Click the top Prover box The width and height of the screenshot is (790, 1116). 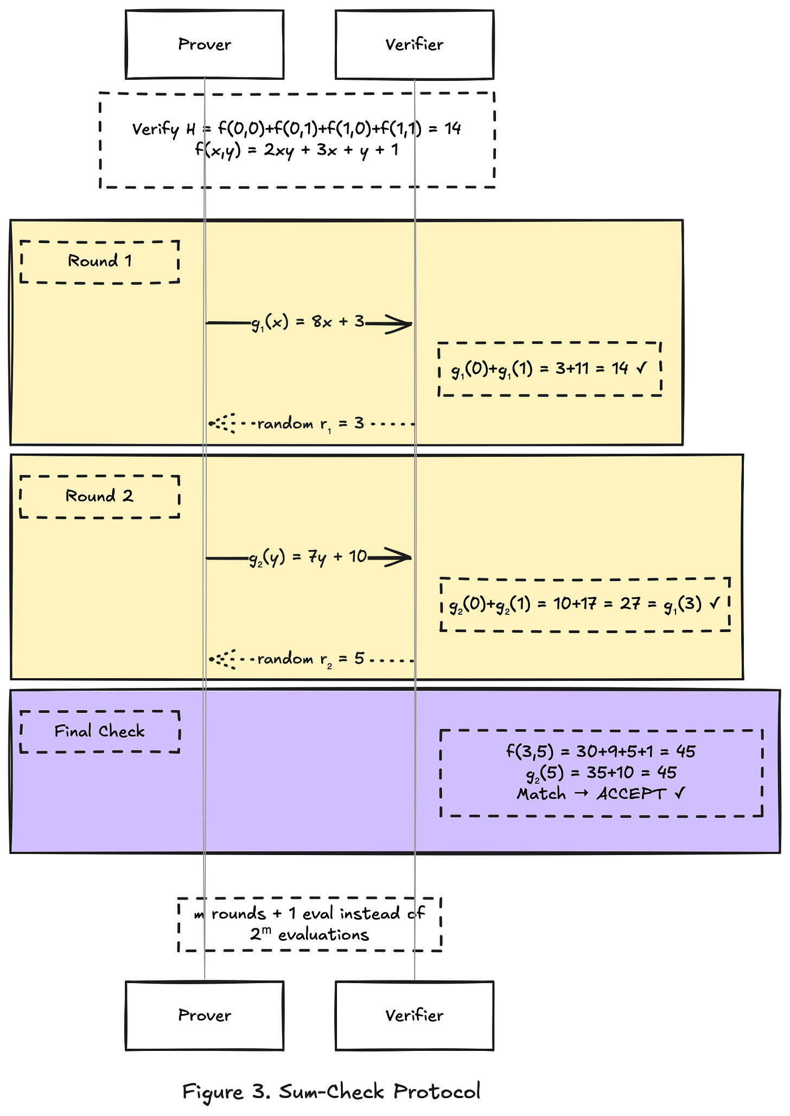(205, 44)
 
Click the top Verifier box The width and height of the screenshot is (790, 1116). (415, 44)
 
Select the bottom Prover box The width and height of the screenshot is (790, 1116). (205, 1015)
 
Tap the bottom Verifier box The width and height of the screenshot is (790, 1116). (415, 1015)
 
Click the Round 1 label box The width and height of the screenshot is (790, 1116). (100, 262)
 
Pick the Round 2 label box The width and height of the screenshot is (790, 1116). (100, 496)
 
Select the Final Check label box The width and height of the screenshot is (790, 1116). (100, 731)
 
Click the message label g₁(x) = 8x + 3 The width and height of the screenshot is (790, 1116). (308, 322)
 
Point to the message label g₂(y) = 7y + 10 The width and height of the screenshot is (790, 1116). (308, 557)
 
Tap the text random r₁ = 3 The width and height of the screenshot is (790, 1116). (311, 424)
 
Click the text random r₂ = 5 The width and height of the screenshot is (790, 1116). (311, 659)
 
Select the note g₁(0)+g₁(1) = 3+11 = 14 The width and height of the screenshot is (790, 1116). (550, 369)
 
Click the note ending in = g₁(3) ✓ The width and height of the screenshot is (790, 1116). (585, 604)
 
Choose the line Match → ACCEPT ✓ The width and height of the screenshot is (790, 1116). (601, 794)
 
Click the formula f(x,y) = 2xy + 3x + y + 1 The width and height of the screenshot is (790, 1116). (297, 150)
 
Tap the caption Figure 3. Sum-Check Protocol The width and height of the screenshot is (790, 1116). (332, 1091)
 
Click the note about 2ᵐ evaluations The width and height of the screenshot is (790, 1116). (309, 924)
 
